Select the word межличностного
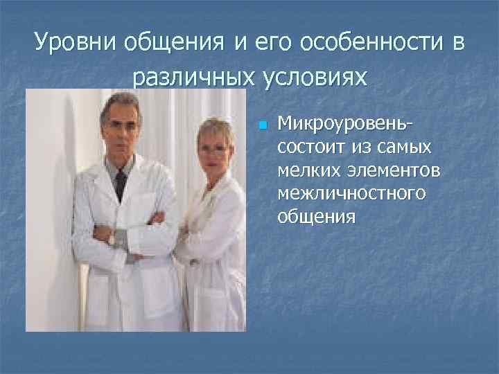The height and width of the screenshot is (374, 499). point(351,193)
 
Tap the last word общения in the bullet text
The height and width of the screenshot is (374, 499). point(317,217)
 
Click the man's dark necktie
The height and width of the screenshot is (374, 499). point(121,183)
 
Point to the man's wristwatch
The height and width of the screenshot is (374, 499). point(111,239)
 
